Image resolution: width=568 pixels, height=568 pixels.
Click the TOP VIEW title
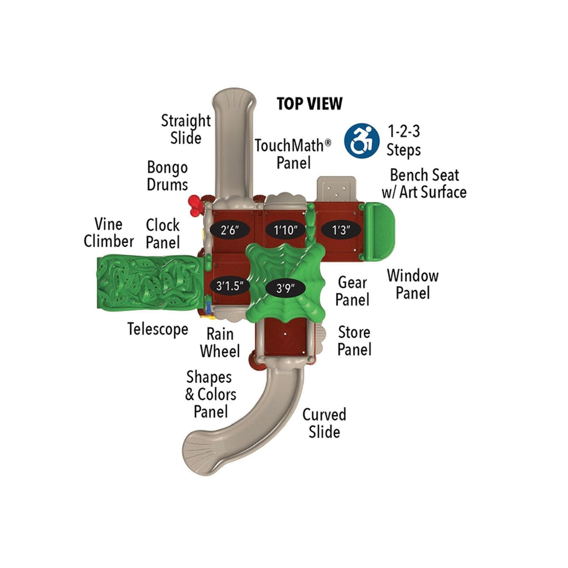[310, 104]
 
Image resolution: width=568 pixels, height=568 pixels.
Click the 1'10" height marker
[285, 230]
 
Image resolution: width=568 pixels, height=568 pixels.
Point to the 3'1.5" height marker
[230, 286]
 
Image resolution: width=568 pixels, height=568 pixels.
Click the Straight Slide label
[186, 129]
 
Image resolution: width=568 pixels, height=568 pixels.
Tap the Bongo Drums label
[167, 176]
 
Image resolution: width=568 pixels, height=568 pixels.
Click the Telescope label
[158, 329]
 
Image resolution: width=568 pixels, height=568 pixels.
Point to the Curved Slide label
[324, 423]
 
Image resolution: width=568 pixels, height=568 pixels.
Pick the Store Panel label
[354, 341]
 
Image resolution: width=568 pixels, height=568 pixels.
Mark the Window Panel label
[413, 284]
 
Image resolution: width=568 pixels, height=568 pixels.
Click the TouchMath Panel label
[292, 154]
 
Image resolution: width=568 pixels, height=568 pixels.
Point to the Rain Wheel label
[220, 343]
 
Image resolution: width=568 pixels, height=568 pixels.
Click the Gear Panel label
[353, 291]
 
